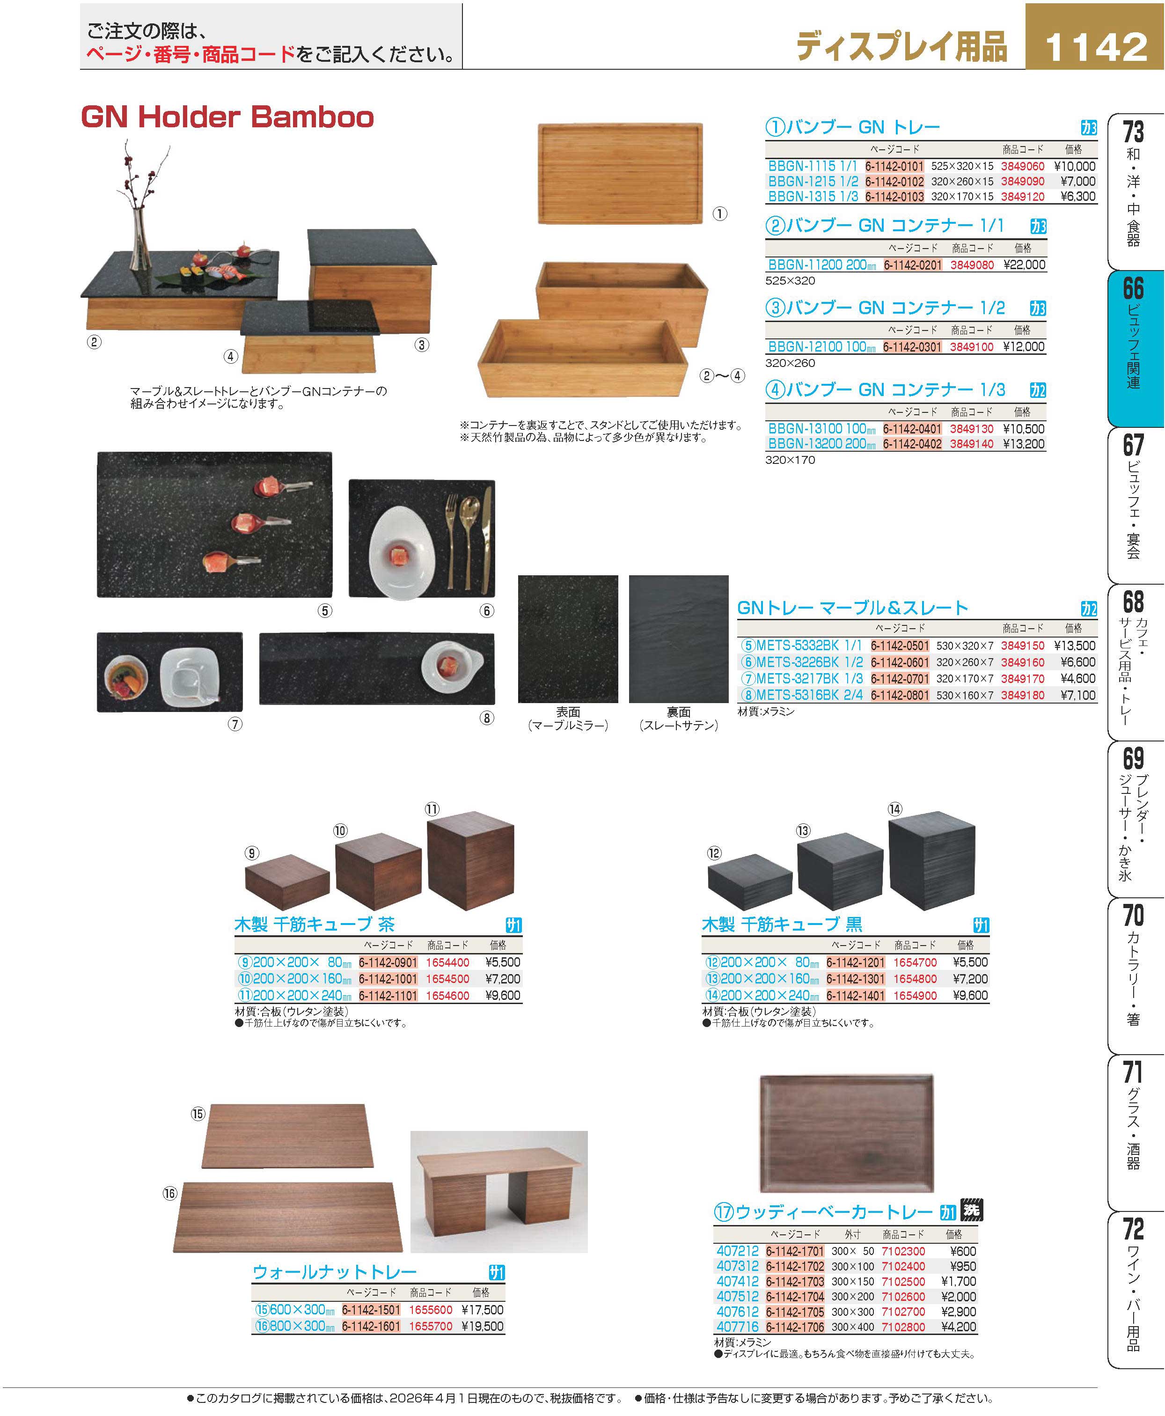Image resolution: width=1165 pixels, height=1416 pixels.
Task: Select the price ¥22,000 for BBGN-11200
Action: click(1024, 265)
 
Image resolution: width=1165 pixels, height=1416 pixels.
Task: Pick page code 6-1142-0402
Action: click(912, 444)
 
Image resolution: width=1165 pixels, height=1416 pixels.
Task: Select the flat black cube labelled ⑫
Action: click(750, 882)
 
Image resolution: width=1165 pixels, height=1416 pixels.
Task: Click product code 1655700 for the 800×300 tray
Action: click(431, 1326)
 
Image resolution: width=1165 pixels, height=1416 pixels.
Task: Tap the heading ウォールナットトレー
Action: click(335, 1272)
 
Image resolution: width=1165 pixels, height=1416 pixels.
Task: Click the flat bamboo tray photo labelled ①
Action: click(620, 173)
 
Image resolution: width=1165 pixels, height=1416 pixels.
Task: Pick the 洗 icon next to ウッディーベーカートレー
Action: click(971, 1211)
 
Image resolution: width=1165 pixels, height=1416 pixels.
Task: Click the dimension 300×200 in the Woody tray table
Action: click(852, 1297)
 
